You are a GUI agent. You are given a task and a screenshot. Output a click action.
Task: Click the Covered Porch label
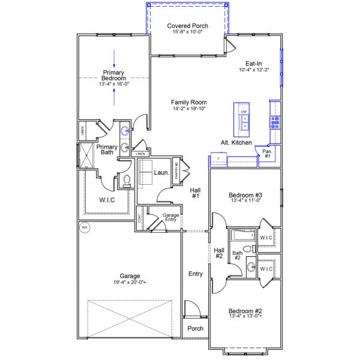187,25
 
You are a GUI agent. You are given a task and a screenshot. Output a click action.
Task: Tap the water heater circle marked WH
84,227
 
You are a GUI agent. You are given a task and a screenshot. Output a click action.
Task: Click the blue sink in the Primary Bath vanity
125,131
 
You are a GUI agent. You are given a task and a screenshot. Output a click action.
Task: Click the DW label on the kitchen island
244,112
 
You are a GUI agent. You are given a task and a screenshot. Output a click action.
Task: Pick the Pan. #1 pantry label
267,154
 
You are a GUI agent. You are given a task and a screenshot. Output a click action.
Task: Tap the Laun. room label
160,173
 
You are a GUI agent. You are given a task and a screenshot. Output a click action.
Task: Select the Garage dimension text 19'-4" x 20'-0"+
130,283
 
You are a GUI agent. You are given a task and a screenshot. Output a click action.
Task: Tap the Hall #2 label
218,253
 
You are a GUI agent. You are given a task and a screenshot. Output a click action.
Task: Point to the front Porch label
195,328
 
